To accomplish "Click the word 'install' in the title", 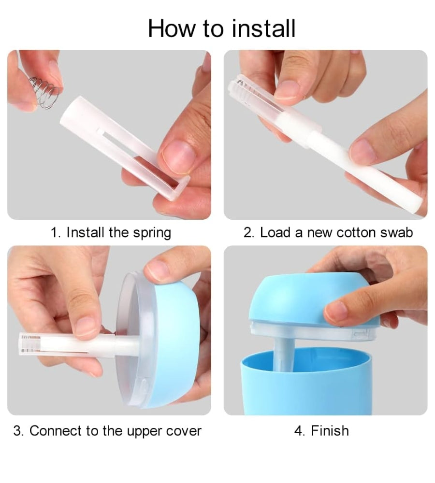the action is point(263,28).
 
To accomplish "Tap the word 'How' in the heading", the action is point(172,28).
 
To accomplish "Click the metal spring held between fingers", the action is point(44,92).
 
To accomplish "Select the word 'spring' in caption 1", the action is point(152,233).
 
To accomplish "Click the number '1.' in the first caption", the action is point(56,233).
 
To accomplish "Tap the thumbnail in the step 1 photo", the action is point(179,157).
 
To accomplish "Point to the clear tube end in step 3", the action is point(29,344).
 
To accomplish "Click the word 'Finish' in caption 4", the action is point(330,431).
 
